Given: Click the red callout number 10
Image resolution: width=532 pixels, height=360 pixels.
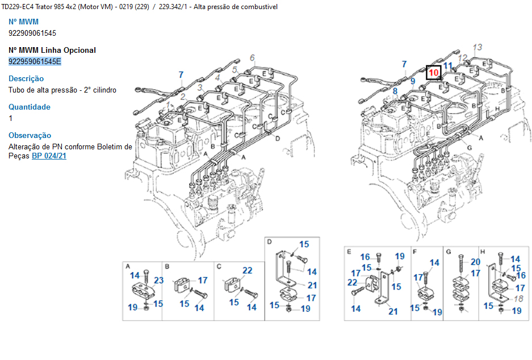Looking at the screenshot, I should [x=434, y=73].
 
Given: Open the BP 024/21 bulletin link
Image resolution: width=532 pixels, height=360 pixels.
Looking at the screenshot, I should [x=49, y=156].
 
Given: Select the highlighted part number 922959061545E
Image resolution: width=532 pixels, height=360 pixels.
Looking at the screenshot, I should [x=35, y=61].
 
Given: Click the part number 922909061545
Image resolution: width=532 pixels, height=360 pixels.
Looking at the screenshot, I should [x=32, y=33].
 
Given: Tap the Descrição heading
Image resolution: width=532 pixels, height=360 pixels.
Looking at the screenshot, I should [x=26, y=78].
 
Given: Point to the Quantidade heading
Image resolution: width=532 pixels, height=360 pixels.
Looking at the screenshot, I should [x=30, y=107].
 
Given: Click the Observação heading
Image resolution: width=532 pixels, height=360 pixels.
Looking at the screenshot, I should [x=30, y=135].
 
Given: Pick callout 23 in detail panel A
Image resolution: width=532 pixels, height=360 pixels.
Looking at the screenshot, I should [x=158, y=280].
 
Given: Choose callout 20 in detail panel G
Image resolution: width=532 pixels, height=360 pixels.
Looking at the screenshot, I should [x=475, y=262].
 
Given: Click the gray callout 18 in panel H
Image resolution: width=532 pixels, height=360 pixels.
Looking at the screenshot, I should [x=518, y=299].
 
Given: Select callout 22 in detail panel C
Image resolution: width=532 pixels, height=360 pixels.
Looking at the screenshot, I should [x=248, y=271].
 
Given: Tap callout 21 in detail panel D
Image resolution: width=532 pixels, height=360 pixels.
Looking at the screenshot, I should [x=312, y=286].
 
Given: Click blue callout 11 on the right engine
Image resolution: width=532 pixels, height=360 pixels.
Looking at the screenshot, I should [x=449, y=66].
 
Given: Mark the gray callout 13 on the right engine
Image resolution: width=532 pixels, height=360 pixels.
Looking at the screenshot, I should [x=477, y=47].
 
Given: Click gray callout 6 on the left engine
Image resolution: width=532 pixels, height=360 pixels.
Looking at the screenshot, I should [x=253, y=57].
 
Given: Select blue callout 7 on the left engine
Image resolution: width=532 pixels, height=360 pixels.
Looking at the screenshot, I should [x=181, y=74].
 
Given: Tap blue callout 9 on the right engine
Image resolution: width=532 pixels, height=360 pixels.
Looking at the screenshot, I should [x=413, y=82].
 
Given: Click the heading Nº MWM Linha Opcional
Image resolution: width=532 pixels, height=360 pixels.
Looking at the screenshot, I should [x=52, y=50].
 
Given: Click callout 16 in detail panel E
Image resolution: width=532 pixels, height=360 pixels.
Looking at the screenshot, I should [x=365, y=257].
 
